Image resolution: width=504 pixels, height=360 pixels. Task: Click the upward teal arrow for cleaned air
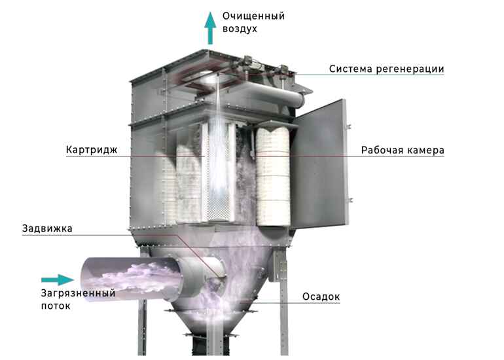tap(210, 28)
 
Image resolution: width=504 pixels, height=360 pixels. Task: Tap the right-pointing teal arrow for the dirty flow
tap(58, 279)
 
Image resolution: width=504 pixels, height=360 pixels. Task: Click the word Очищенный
tap(253, 16)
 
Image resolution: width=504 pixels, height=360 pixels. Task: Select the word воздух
tap(240, 29)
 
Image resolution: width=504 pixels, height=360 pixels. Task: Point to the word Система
tap(351, 69)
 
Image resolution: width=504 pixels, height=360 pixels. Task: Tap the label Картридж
tap(92, 150)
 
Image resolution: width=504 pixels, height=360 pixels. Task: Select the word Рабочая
tap(381, 150)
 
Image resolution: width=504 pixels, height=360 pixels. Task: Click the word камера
tap(425, 151)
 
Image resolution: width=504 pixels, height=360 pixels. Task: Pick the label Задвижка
tap(47, 228)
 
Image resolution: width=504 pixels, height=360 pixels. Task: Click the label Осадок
tap(321, 297)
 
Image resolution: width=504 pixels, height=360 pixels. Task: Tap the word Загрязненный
tap(78, 293)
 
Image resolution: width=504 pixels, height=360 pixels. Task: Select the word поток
tap(56, 306)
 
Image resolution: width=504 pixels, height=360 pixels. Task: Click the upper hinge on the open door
tap(348, 126)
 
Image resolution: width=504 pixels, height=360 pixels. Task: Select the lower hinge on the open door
tap(350, 200)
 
